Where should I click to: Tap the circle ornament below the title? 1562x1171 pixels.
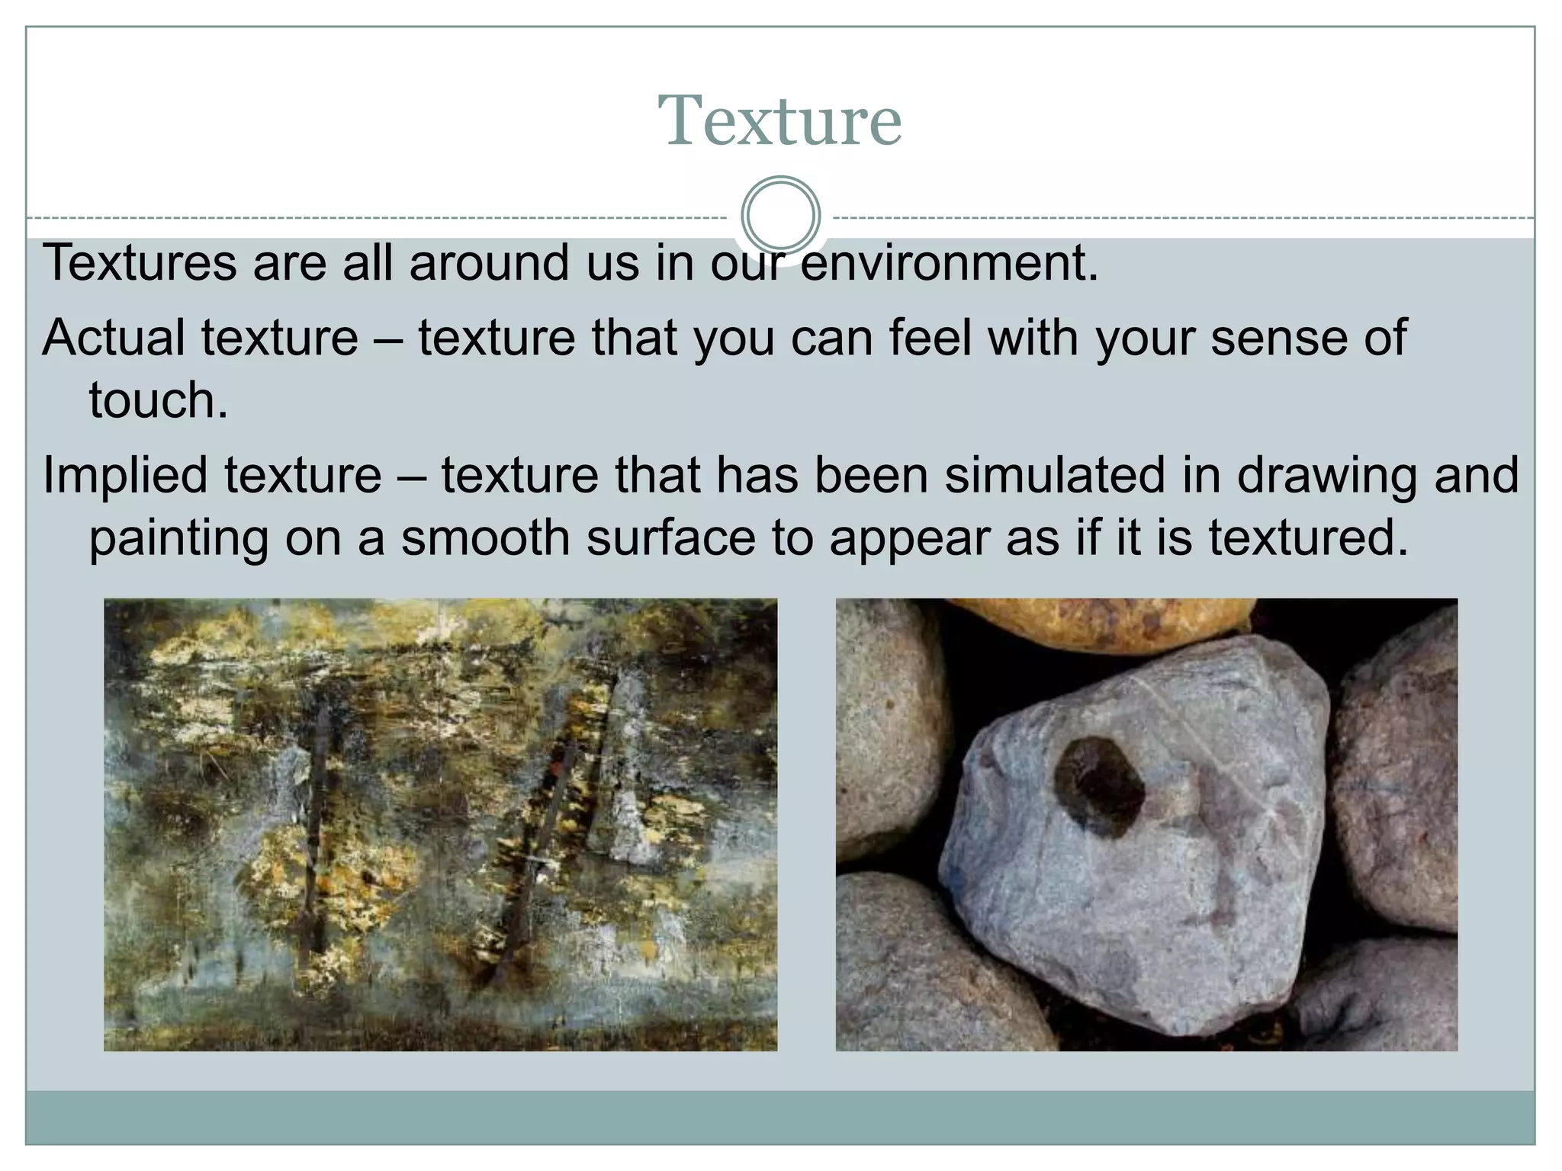click(x=780, y=215)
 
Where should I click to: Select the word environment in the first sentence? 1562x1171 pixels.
click(x=948, y=263)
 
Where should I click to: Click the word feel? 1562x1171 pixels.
click(x=930, y=337)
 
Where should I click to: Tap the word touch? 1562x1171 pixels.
click(x=158, y=400)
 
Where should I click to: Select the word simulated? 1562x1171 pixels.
click(x=1055, y=475)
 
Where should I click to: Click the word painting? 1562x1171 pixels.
click(x=178, y=538)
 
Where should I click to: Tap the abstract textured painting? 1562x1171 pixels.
click(x=440, y=824)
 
